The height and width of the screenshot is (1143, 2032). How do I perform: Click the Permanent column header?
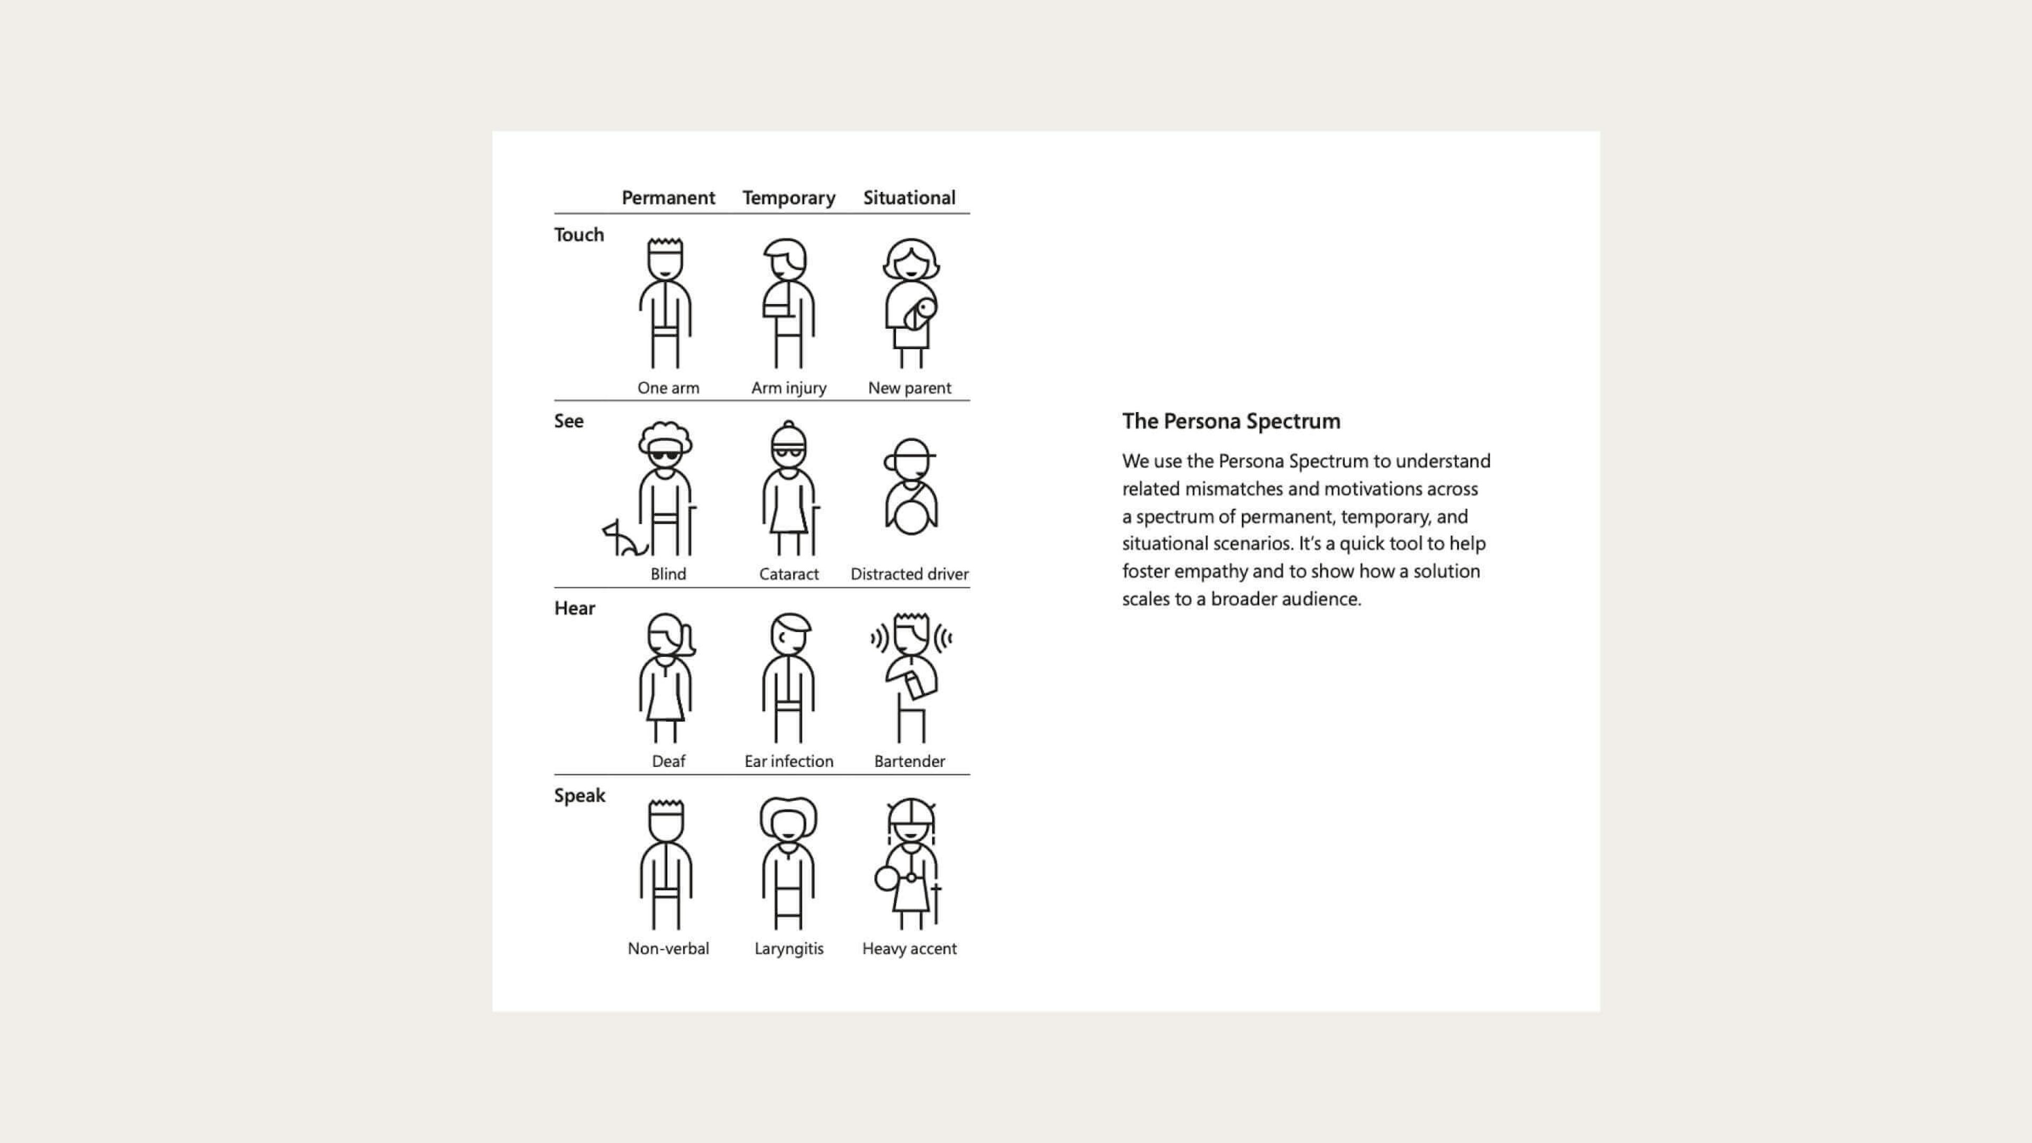coord(668,197)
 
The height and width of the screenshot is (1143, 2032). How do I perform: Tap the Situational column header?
coord(909,197)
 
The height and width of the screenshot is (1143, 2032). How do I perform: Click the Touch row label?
coord(579,234)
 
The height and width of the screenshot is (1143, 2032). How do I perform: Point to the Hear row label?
coord(574,608)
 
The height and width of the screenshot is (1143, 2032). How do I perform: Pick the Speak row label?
coord(579,795)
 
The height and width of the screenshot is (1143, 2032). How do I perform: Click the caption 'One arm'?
coord(668,387)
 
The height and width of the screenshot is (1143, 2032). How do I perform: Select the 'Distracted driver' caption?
coord(909,574)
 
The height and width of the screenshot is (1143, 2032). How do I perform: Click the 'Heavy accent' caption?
coord(909,948)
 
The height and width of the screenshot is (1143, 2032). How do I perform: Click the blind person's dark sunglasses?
coord(665,455)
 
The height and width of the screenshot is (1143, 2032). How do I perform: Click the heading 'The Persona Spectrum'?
coord(1230,421)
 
